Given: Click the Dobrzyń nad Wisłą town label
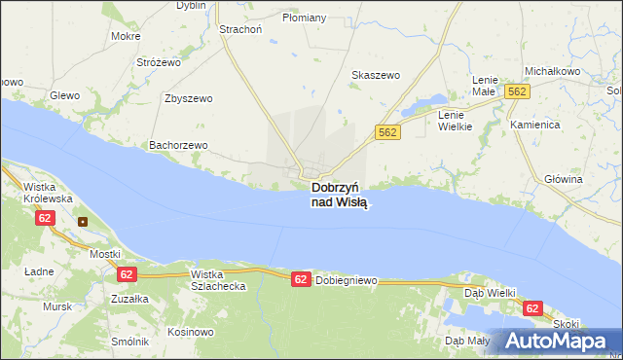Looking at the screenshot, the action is click(338, 195).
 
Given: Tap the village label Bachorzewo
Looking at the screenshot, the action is click(178, 145).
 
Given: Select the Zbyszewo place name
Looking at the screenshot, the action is click(189, 98).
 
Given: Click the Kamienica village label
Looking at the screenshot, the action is click(533, 126).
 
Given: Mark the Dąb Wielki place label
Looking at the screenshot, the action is click(490, 291).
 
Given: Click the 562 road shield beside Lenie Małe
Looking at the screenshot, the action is click(517, 91).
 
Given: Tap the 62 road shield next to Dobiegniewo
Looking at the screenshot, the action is click(301, 279).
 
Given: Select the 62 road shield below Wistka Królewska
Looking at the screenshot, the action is click(45, 218).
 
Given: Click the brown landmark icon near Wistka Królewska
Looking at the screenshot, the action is click(83, 221).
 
